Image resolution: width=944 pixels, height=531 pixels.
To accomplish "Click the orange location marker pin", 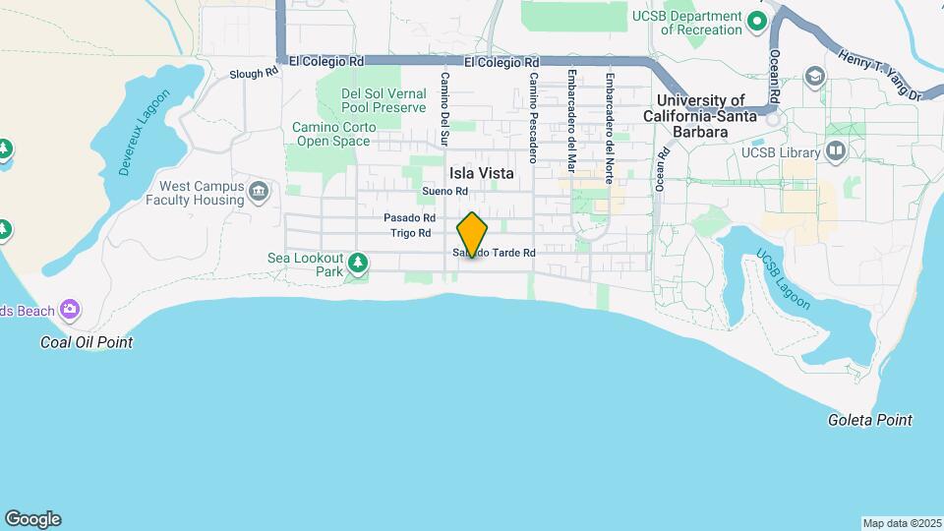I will (473, 235).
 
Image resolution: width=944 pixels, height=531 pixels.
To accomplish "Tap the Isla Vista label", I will (481, 172).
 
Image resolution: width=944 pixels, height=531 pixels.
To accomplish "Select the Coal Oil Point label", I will (87, 342).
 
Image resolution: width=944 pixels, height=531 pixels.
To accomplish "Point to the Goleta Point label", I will (869, 420).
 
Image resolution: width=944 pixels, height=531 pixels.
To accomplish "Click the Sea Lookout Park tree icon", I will (359, 263).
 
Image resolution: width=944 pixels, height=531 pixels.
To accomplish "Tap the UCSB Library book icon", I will (836, 151).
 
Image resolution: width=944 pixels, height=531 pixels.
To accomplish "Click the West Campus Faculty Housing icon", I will (259, 190).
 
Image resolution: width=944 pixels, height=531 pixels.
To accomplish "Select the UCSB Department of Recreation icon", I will (756, 20).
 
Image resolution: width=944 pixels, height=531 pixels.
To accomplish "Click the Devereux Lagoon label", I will (145, 132).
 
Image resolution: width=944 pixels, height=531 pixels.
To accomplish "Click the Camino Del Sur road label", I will (444, 108).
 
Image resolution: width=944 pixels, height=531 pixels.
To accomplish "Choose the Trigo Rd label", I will (411, 233).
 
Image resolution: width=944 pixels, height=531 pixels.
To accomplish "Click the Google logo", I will (32, 519).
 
